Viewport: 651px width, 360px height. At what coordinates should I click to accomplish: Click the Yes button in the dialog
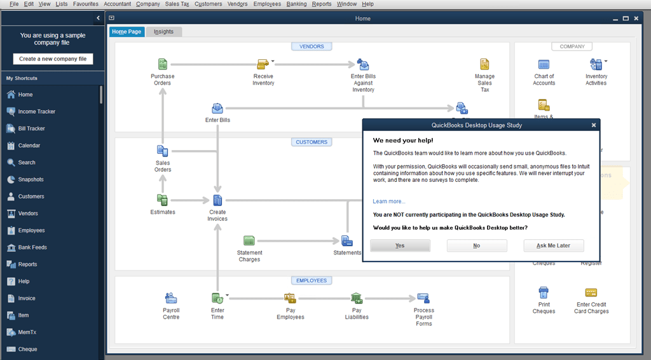[x=400, y=246]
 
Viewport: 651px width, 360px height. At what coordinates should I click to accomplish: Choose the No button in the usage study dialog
[x=477, y=246]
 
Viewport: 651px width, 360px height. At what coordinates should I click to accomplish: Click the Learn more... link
[x=388, y=202]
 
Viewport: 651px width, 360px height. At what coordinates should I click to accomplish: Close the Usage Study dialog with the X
[x=594, y=125]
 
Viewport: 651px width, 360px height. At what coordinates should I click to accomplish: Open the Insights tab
[x=163, y=31]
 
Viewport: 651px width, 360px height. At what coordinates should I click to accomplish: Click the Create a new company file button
[x=53, y=59]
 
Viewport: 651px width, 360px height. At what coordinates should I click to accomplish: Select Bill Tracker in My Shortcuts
[x=31, y=128]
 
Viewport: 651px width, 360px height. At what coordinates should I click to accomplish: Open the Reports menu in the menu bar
[x=322, y=4]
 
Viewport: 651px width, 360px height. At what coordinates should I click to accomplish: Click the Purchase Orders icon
[x=162, y=64]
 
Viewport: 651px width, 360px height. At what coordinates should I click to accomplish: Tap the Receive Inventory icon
[x=263, y=64]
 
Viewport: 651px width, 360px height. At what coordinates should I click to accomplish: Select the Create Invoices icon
[x=217, y=201]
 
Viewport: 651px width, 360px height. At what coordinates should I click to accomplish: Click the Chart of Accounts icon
[x=544, y=65]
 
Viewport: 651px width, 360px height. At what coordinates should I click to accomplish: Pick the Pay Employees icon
[x=290, y=298]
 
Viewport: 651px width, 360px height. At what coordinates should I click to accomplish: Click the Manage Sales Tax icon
[x=484, y=64]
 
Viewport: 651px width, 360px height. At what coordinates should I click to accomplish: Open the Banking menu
[x=296, y=4]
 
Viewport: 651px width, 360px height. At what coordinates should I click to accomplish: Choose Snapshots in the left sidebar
[x=31, y=179]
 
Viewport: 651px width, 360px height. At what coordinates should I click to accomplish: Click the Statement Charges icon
[x=249, y=241]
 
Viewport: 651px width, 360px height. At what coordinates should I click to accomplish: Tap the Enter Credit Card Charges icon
[x=591, y=293]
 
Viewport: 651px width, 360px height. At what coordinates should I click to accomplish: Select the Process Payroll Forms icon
[x=423, y=298]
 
